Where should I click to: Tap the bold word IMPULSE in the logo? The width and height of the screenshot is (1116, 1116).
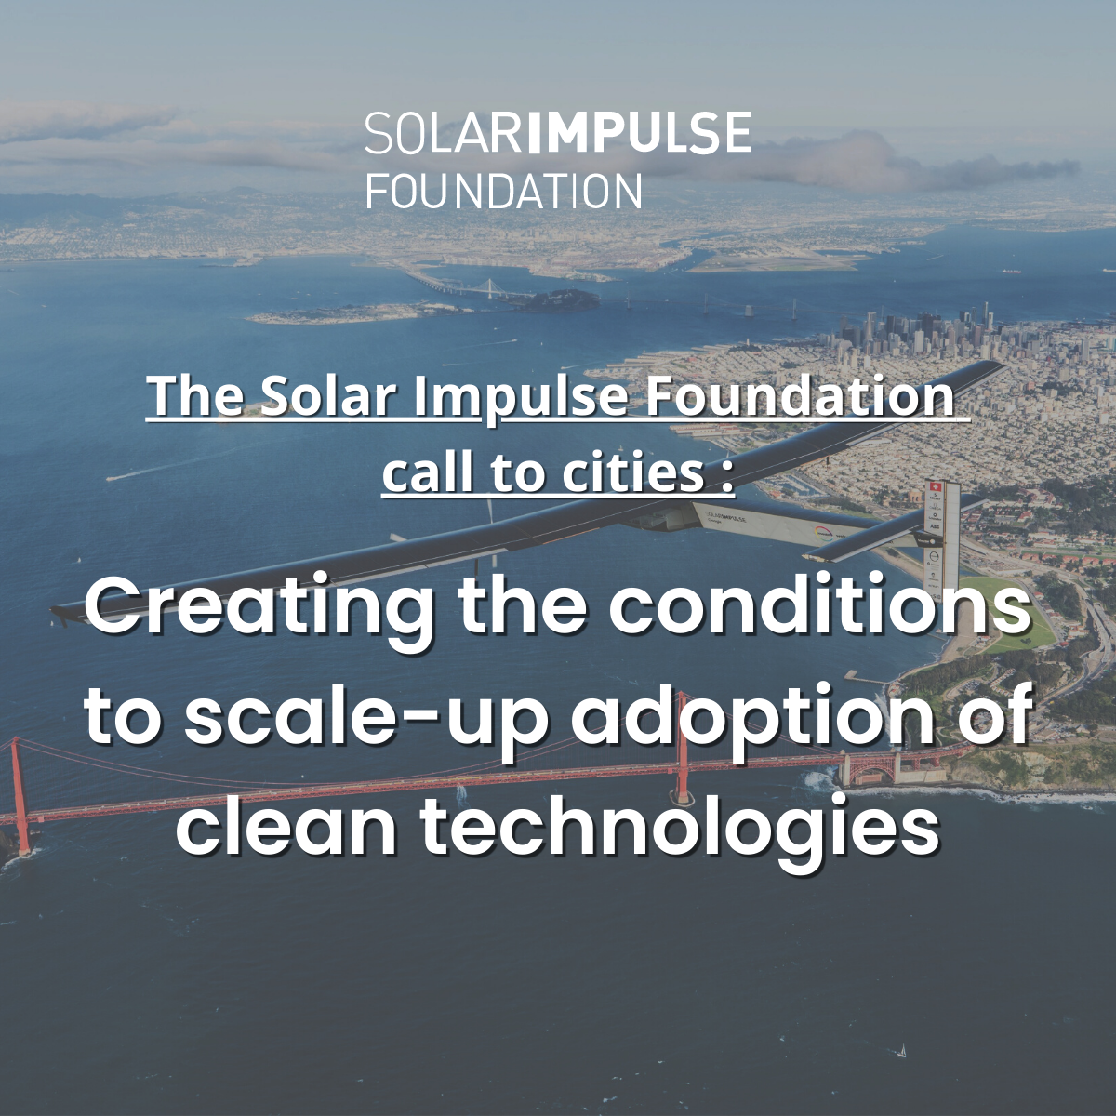click(x=641, y=133)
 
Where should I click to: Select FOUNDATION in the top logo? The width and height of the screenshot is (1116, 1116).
click(x=504, y=190)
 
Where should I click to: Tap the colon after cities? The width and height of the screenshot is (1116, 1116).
click(x=728, y=479)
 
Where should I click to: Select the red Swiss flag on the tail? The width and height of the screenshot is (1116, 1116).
click(x=934, y=487)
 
